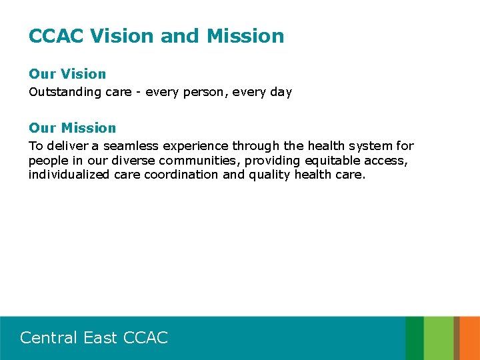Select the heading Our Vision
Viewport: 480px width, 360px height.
[67, 74]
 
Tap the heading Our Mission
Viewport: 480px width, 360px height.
[72, 128]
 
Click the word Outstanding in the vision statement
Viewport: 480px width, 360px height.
[65, 92]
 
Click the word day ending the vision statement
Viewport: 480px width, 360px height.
[280, 92]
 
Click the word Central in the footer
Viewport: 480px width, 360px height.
[49, 338]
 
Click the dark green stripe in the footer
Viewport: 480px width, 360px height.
[414, 338]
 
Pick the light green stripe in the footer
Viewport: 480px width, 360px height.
[439, 338]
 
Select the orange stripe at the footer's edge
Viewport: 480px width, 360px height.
[457, 338]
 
